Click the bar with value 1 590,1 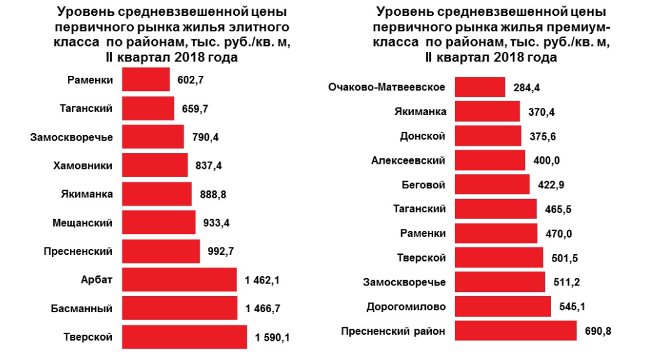184,337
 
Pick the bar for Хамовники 155,165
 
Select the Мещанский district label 82,222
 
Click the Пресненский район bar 515,331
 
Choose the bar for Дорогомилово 502,307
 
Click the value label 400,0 546,161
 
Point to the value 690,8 598,331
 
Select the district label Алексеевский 408,160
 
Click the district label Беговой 422,184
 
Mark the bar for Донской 488,136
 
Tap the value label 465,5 557,210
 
